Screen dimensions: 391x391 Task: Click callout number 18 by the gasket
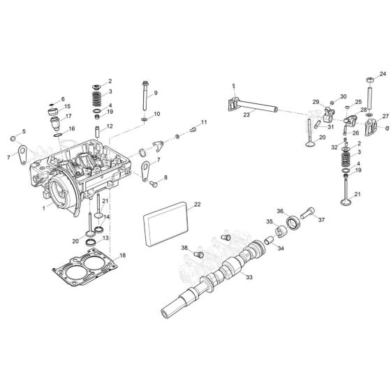coord(124,256)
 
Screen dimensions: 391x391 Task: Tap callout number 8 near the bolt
coord(165,178)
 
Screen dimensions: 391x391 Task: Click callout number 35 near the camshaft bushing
coord(270,221)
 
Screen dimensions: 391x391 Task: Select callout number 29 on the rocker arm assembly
coord(316,103)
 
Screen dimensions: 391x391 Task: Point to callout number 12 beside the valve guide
coord(110,127)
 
